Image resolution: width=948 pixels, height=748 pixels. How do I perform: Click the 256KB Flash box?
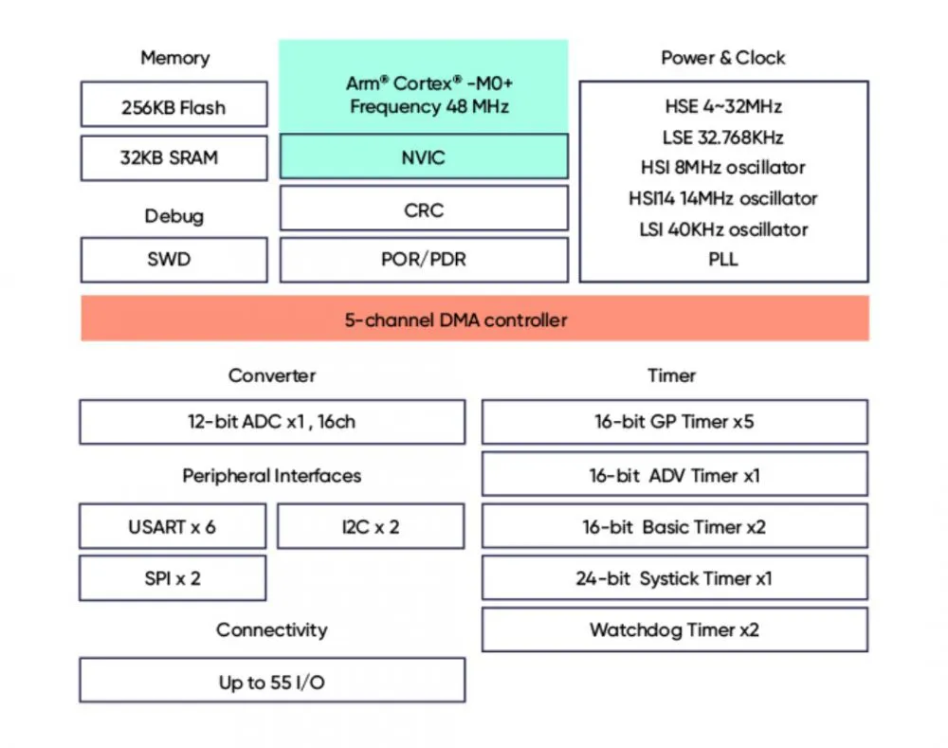coord(174,104)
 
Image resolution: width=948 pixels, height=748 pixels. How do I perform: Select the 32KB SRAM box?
coord(174,157)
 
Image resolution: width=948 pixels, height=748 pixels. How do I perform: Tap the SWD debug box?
coord(174,260)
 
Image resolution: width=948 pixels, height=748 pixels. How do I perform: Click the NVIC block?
coord(424,156)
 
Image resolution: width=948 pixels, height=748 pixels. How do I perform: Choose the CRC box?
coord(424,209)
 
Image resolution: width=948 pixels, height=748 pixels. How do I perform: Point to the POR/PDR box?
coord(424,260)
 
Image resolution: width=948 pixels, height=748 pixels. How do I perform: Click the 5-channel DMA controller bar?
coord(475,319)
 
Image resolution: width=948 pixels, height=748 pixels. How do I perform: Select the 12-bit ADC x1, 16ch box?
coord(272,422)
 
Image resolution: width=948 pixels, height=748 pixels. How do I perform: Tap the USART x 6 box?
coord(173,526)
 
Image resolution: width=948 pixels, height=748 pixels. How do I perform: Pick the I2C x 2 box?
coord(371,526)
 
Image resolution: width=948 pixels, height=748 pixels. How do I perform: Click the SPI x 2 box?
coord(173,578)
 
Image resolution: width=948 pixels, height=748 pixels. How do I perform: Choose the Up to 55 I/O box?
coord(272,681)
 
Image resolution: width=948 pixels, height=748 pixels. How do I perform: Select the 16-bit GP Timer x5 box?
coord(675,422)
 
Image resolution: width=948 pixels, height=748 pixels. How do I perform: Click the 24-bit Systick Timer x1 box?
coord(675,578)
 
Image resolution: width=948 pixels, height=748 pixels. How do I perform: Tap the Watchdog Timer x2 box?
coord(675,629)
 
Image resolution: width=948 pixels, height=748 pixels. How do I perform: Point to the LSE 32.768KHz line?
coord(723,137)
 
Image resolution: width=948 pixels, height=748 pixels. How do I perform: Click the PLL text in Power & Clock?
coord(723,260)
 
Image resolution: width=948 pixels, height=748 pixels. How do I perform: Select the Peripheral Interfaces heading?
coord(272,476)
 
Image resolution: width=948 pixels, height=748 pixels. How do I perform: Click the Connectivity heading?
coord(272,630)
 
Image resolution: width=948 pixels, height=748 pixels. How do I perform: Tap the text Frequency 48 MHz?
coord(429,107)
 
